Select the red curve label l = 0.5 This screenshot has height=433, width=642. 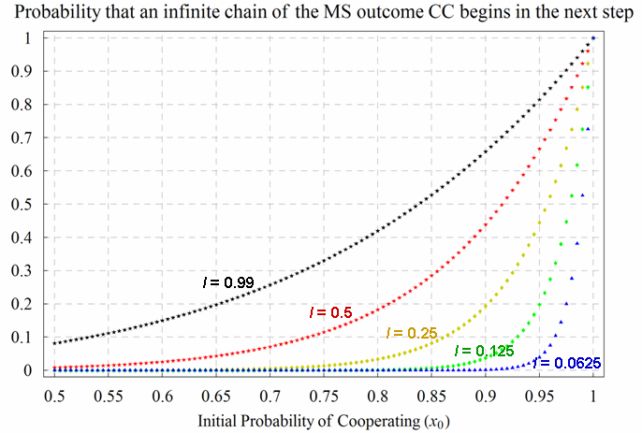click(x=329, y=311)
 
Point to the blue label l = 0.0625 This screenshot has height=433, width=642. click(x=567, y=362)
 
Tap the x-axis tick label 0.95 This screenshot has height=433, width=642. click(x=538, y=396)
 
